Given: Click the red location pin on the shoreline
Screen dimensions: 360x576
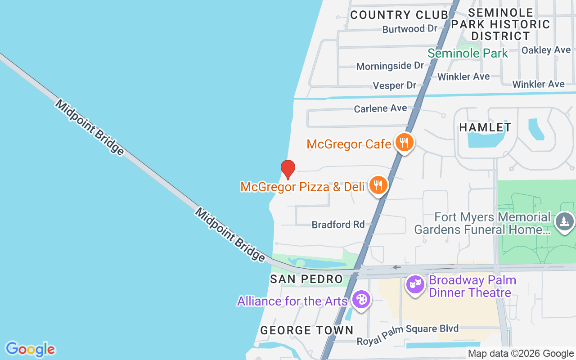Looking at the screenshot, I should [x=288, y=169].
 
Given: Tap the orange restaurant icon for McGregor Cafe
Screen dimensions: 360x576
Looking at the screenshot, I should [x=405, y=143].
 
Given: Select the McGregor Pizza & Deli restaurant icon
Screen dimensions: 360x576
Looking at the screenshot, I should [x=378, y=185].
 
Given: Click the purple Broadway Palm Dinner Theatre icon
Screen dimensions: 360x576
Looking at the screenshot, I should [x=415, y=284].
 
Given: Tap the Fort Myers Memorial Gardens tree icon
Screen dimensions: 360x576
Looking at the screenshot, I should [x=564, y=222].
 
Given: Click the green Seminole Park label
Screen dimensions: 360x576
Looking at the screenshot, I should [x=468, y=54].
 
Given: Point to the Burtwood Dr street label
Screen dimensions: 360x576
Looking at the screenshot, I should [x=409, y=29].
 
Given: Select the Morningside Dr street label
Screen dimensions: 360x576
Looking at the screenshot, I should [x=390, y=66].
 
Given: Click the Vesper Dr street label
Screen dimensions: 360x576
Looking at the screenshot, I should [x=395, y=85].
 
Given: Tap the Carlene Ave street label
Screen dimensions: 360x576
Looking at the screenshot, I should [x=380, y=108].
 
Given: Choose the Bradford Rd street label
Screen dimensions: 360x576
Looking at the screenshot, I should [x=338, y=224].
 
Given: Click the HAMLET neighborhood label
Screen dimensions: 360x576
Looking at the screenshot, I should [x=485, y=127].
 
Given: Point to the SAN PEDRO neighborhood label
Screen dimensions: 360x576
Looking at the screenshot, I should [x=306, y=279].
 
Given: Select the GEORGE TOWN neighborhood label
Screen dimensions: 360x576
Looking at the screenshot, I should [x=307, y=330].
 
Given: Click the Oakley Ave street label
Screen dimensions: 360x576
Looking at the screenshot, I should [x=546, y=50].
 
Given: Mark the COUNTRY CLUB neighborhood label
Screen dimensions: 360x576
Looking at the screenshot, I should [x=399, y=15].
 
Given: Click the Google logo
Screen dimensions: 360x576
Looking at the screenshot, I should [x=30, y=349].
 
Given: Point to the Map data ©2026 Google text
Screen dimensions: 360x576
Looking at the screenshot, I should [x=521, y=354].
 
